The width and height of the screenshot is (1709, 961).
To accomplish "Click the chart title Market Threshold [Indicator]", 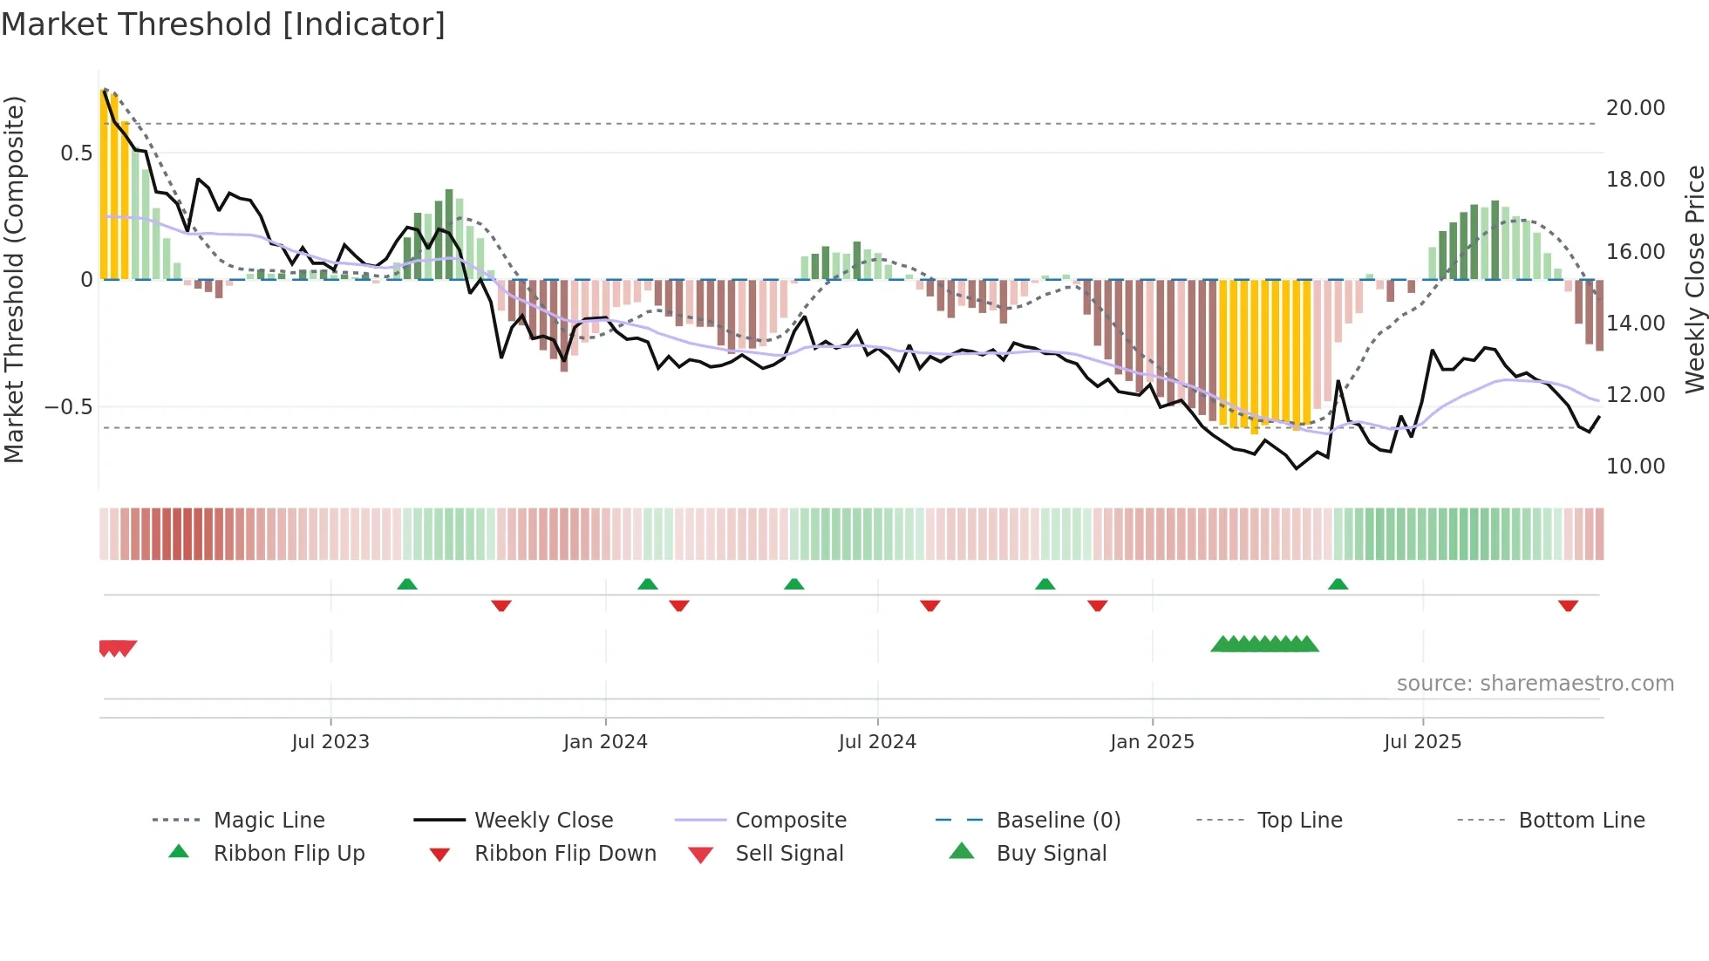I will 223,24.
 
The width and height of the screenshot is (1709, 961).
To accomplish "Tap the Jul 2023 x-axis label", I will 330,742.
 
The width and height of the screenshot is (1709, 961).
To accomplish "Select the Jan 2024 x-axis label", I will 605,742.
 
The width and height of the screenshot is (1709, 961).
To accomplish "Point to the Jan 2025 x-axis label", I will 1152,742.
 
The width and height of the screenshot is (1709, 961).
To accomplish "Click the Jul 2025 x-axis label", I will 1422,742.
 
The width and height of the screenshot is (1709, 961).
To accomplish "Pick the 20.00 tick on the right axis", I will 1635,108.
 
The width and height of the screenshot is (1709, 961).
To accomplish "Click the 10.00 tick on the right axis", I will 1635,467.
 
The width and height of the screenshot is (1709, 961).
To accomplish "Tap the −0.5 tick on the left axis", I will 68,407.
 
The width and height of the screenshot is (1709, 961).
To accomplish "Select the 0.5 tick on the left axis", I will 76,153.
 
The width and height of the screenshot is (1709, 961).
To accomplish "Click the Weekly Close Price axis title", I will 1694,279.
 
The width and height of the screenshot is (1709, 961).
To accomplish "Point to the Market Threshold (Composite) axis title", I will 14,279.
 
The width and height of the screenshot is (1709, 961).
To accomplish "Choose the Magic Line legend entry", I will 269,821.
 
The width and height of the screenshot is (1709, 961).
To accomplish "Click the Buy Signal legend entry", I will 1051,854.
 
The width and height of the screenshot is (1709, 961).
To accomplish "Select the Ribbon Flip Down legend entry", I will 564,854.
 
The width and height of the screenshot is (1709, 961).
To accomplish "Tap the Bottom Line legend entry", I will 1581,821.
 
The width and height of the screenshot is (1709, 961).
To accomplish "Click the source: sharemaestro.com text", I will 1535,684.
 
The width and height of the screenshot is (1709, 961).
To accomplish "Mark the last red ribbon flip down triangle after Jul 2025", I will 1568,605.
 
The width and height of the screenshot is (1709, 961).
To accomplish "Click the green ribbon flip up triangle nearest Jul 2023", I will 407,584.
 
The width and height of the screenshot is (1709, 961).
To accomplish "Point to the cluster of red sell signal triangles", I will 117,648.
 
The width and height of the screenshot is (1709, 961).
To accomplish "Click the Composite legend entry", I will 790,821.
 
